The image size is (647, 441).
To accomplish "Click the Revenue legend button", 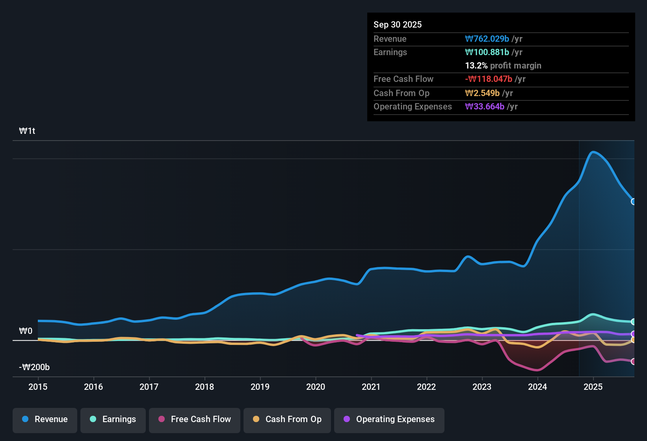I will tap(45, 419).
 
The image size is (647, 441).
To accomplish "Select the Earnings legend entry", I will tap(113, 419).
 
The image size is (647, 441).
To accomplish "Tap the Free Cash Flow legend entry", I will tap(195, 419).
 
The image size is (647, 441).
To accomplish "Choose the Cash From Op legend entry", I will tap(287, 419).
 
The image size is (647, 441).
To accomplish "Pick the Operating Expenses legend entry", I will tap(389, 419).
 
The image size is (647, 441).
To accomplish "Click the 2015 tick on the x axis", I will tap(38, 387).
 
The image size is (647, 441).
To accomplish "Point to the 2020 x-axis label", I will tap(316, 387).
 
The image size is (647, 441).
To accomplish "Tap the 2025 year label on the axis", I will tap(593, 387).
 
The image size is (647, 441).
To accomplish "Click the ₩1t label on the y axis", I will tap(27, 131).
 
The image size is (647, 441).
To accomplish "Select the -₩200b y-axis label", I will tap(34, 367).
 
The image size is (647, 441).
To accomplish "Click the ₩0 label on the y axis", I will tap(26, 331).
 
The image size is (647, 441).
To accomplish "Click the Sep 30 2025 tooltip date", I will tap(398, 25).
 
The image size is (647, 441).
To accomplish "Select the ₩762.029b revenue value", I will tap(487, 39).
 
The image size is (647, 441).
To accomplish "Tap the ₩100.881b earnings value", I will tap(487, 52).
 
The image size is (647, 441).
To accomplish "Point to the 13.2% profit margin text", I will tap(503, 66).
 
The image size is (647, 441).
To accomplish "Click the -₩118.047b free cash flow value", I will tap(489, 79).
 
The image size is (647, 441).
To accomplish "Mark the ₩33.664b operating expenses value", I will tap(485, 107).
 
